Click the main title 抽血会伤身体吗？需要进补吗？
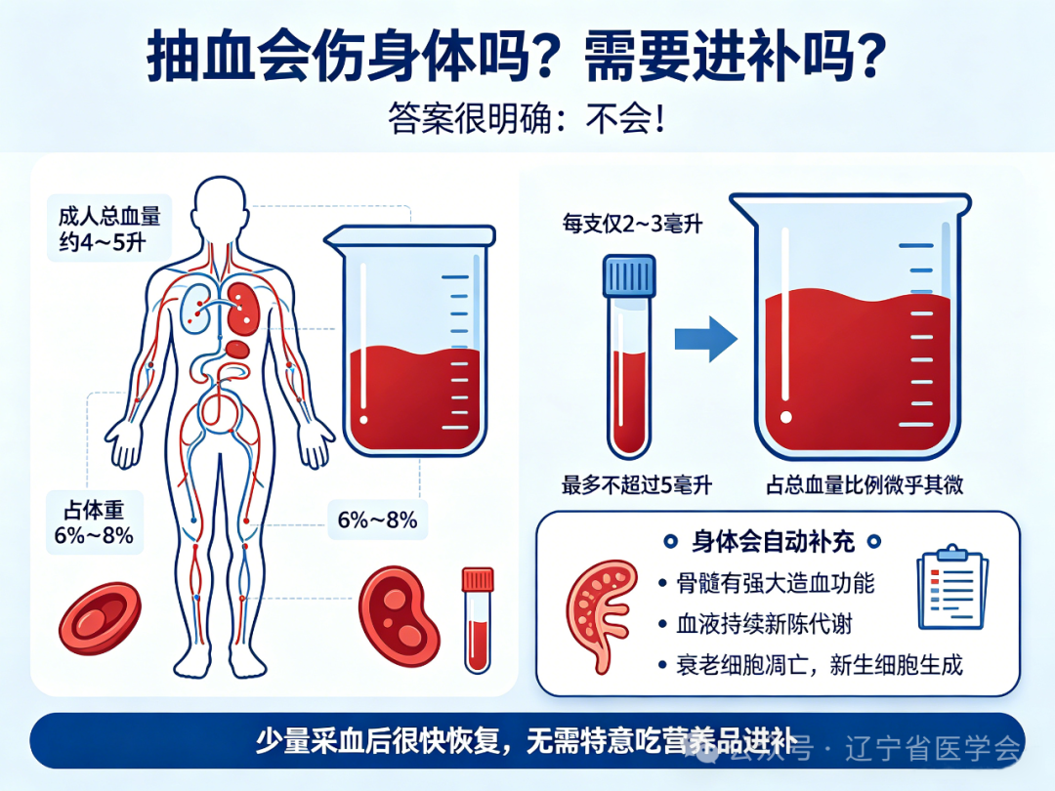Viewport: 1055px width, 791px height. click(x=517, y=56)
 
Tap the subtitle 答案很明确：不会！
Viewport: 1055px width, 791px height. click(x=527, y=118)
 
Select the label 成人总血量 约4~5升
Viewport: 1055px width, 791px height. click(x=109, y=229)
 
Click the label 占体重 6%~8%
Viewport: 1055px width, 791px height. click(x=94, y=522)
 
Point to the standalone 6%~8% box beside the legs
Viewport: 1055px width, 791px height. click(x=377, y=520)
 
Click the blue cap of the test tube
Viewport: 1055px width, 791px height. click(x=629, y=275)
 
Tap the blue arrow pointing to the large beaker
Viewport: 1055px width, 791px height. click(x=706, y=338)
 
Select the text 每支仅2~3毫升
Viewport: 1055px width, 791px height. click(x=632, y=224)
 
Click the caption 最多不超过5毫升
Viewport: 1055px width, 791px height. click(x=637, y=484)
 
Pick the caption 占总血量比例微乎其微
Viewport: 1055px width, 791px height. click(x=865, y=484)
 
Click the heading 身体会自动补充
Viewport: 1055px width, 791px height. click(x=773, y=541)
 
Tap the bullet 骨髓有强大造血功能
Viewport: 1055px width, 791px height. click(x=775, y=583)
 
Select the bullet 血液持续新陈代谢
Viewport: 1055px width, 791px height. click(x=764, y=624)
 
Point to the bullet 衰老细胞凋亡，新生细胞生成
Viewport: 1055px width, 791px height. click(x=820, y=665)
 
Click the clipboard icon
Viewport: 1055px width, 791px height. click(x=952, y=587)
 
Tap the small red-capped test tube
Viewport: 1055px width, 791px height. click(x=478, y=619)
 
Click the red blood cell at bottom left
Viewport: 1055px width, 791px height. click(x=101, y=618)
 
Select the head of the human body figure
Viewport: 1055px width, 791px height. click(x=220, y=205)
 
